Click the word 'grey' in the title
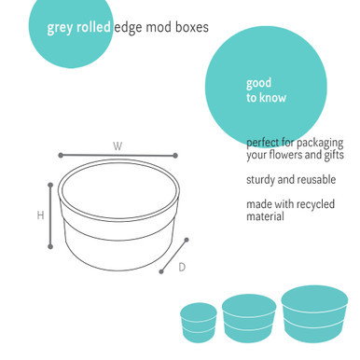click(61, 28)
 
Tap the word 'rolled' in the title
click(93, 27)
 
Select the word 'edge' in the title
click(130, 28)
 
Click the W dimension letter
click(118, 145)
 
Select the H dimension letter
click(41, 215)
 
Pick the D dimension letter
click(182, 268)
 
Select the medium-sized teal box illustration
click(246, 317)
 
